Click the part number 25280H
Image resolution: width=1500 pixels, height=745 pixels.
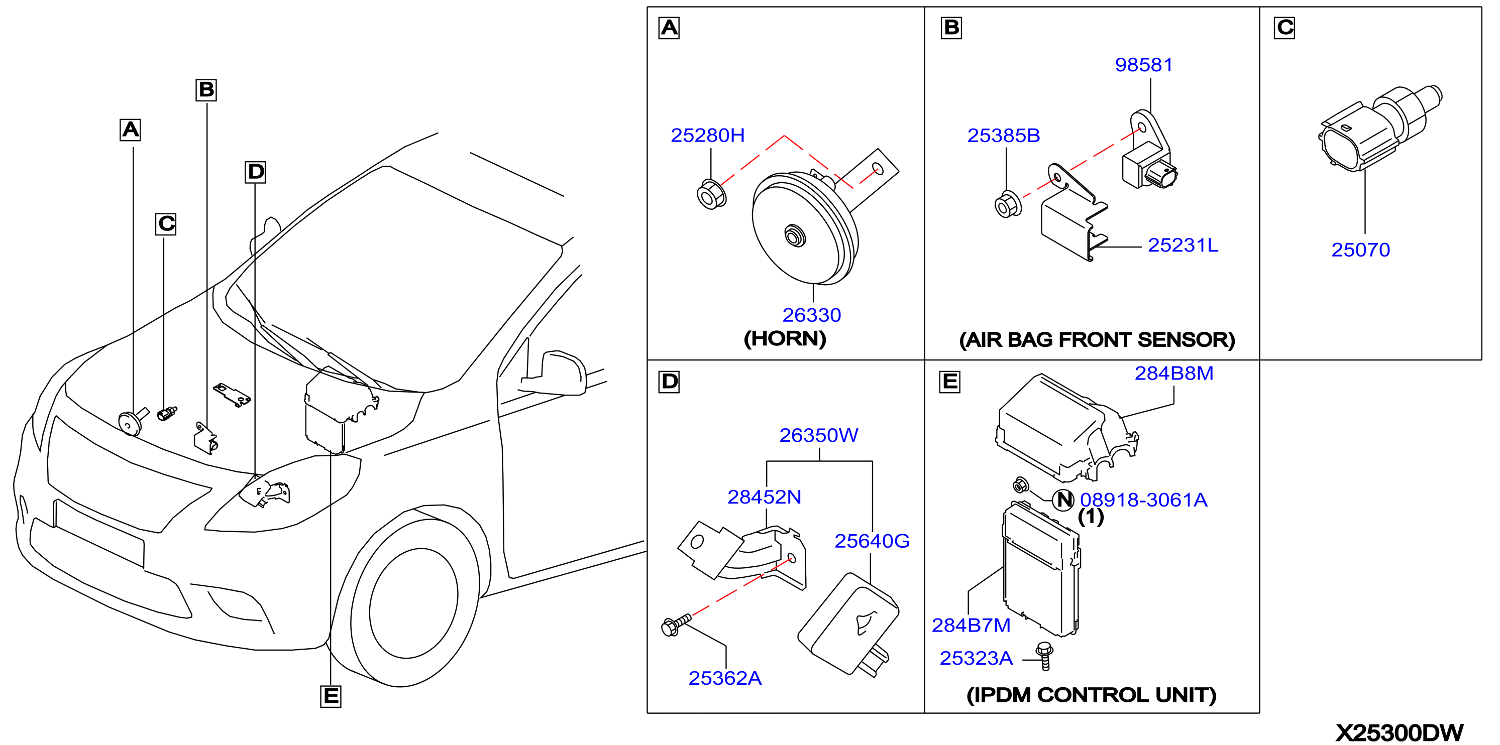click(707, 135)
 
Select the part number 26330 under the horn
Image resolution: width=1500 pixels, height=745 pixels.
click(812, 315)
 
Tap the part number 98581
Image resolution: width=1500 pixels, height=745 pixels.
click(1144, 65)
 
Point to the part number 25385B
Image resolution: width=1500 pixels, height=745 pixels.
click(1003, 135)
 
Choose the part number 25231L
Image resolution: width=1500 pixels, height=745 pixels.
click(1183, 245)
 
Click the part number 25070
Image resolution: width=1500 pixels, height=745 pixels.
click(1360, 250)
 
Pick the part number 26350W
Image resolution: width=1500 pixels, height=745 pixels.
click(819, 435)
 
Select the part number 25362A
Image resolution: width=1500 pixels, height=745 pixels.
click(725, 678)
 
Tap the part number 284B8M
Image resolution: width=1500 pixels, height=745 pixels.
click(1174, 373)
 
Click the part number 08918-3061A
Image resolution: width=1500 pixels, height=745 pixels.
click(1144, 500)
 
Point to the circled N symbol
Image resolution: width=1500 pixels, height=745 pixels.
click(1064, 500)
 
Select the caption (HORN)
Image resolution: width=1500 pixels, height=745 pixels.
click(785, 339)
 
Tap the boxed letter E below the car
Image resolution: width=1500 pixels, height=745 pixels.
click(331, 696)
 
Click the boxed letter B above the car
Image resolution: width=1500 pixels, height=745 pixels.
click(206, 90)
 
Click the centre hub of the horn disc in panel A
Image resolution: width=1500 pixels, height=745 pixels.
click(795, 236)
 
